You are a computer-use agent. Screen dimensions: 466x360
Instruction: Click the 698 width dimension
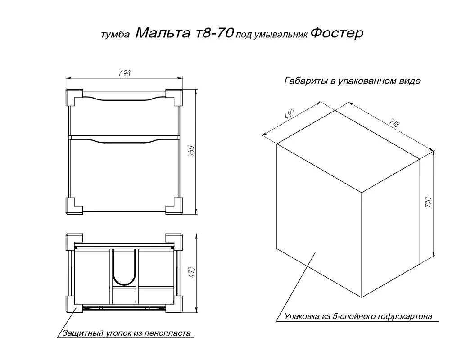point(125,73)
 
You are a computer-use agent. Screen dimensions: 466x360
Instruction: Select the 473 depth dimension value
point(192,272)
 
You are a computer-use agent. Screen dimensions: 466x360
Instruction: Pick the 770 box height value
point(429,202)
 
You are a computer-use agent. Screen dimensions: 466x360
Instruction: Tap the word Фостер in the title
point(337,33)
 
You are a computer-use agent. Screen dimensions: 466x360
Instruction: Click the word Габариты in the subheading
point(306,81)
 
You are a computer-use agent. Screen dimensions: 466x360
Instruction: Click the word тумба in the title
point(115,35)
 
